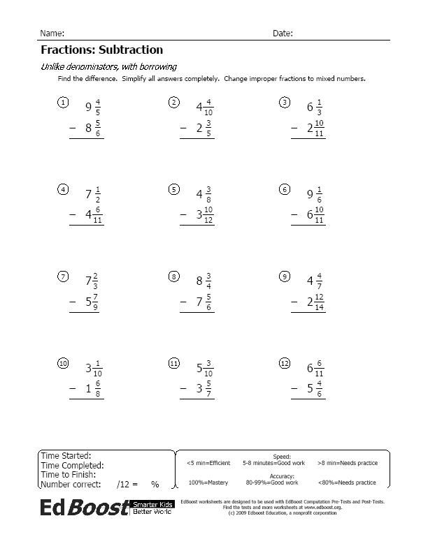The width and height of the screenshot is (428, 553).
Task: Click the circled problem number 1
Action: point(63,103)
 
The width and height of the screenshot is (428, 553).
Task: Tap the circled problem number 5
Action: point(173,189)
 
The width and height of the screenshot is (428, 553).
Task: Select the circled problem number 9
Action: point(284,276)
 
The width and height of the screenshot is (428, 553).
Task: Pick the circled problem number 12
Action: point(284,363)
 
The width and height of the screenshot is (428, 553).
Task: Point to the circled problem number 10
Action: point(63,363)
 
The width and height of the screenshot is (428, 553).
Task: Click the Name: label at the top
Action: point(52,34)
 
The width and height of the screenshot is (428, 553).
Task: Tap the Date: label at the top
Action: point(283,34)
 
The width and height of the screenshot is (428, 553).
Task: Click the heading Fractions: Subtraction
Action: point(101,50)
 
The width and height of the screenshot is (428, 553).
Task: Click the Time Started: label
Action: point(66,456)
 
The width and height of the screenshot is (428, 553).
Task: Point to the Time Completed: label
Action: point(73,465)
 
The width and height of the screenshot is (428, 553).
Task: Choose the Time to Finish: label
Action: point(69,474)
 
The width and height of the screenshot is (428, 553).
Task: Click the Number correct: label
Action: point(71,484)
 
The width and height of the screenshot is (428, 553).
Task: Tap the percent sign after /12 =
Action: point(155,484)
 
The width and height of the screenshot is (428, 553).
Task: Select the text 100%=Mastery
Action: point(208,482)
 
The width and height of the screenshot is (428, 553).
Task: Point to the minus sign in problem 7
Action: point(72,302)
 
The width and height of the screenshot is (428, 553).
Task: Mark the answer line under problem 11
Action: point(197,399)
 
